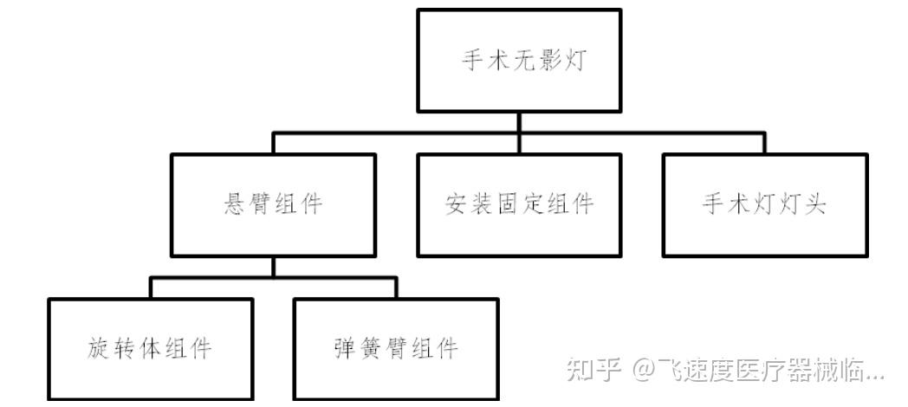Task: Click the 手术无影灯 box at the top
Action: pyautogui.click(x=518, y=61)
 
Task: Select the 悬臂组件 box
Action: pyautogui.click(x=273, y=204)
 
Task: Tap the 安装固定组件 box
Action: pyautogui.click(x=518, y=204)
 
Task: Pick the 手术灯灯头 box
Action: pyautogui.click(x=764, y=204)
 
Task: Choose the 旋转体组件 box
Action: pyautogui.click(x=150, y=349)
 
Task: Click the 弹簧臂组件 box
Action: pyautogui.click(x=395, y=349)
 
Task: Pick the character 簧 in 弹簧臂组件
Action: pyautogui.click(x=370, y=349)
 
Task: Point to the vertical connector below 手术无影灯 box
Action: pyautogui.click(x=518, y=122)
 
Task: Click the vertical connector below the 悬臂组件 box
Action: pyautogui.click(x=273, y=267)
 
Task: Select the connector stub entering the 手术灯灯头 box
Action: pyautogui.click(x=764, y=143)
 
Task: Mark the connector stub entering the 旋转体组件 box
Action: pyautogui.click(x=150, y=288)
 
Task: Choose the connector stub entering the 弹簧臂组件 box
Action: pyautogui.click(x=395, y=288)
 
